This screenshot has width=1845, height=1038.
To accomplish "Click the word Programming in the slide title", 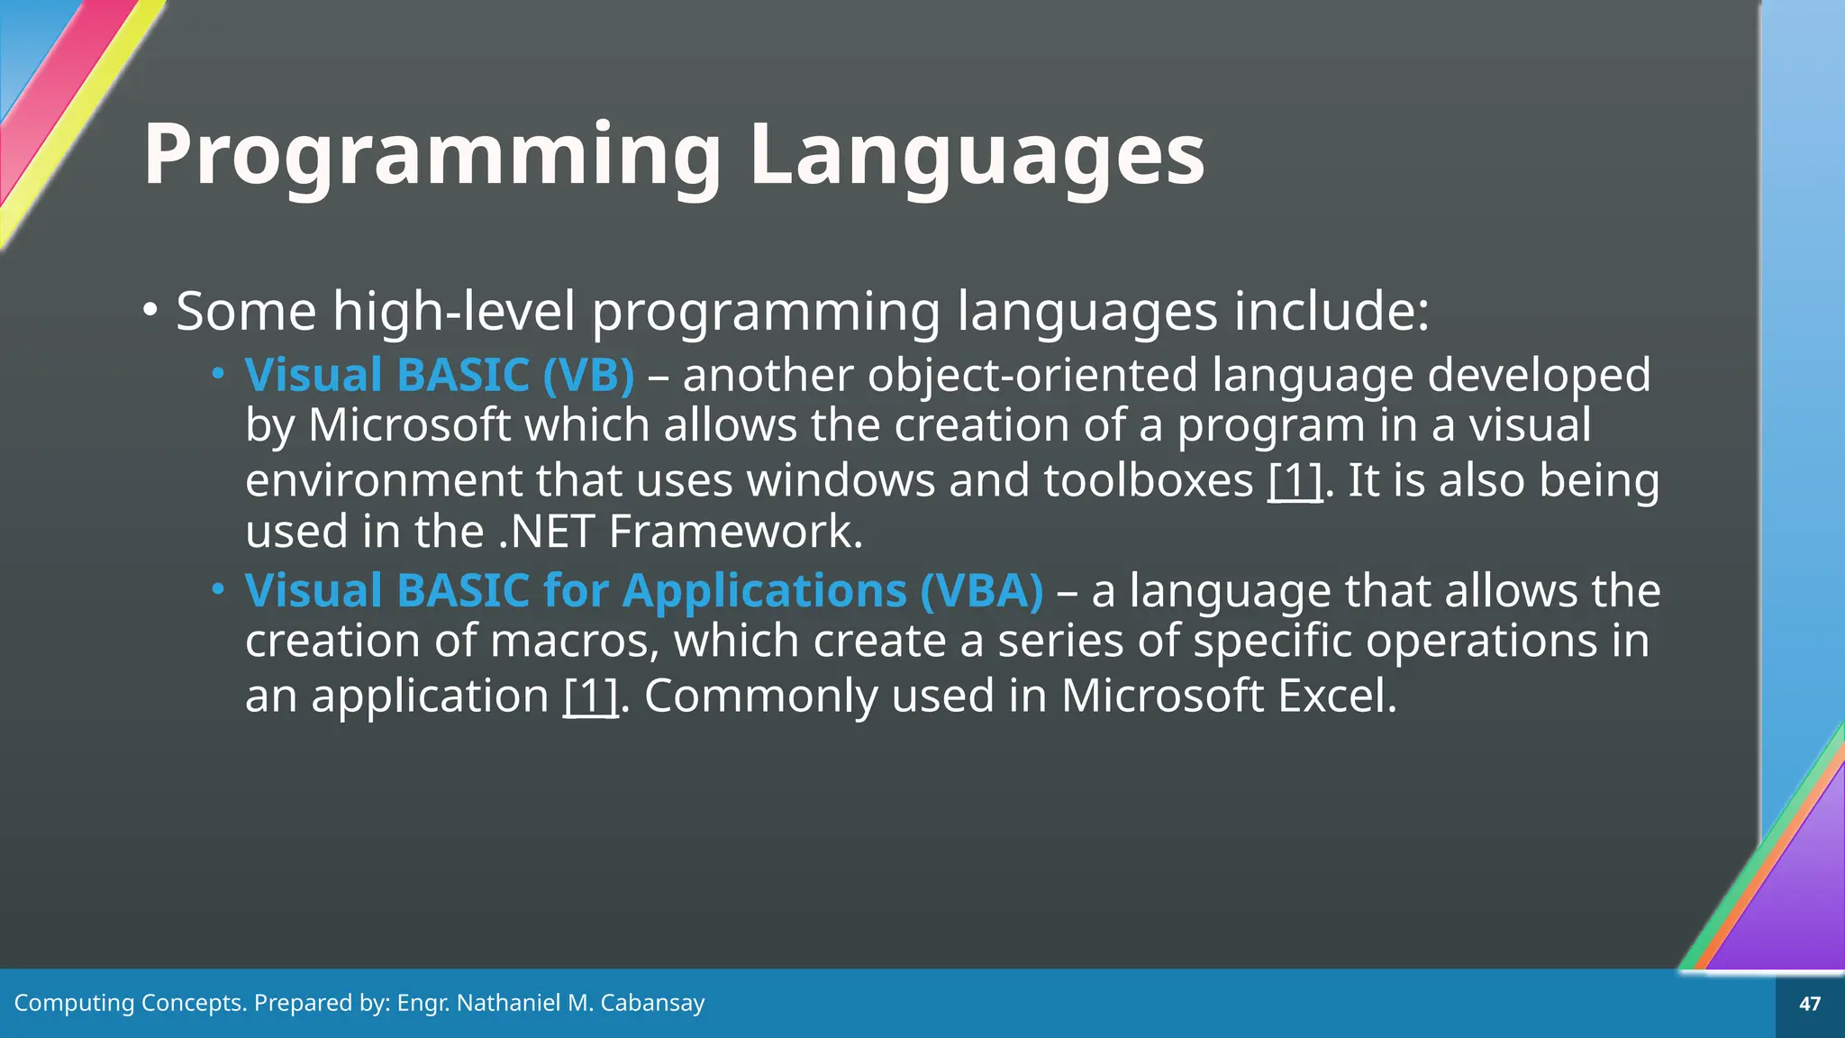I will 432,155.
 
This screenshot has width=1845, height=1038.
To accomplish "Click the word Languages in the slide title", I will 977,155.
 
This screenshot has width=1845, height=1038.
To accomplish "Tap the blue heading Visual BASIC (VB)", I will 440,374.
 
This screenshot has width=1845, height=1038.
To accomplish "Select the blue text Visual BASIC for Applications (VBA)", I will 644,590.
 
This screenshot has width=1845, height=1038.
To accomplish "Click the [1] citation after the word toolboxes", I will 1295,480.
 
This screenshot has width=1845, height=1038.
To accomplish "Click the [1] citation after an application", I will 590,696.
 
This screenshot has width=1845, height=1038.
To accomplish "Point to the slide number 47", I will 1809,1004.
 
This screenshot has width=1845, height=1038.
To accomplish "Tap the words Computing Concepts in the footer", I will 130,1003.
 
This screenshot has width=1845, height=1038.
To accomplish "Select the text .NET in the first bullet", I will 545,531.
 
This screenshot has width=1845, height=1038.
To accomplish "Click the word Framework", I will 735,531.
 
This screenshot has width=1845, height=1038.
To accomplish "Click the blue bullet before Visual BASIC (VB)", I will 217,373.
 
